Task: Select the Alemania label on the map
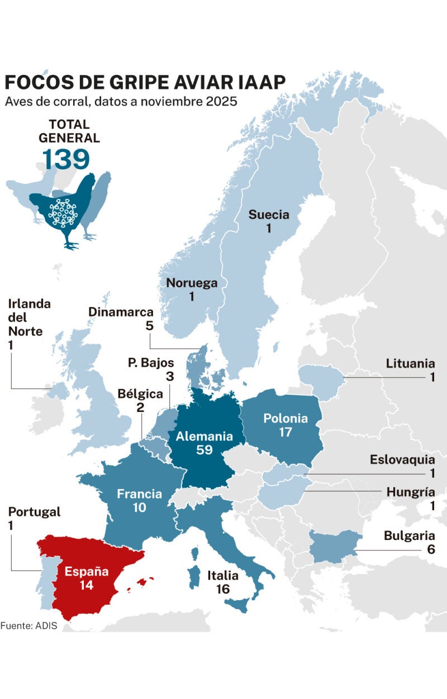tap(203, 437)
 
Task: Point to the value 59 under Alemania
tap(205, 450)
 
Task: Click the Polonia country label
tap(285, 418)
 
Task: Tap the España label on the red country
tap(85, 572)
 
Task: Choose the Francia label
tap(139, 494)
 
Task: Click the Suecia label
tap(269, 214)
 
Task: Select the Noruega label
tap(192, 283)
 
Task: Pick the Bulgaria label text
tap(409, 536)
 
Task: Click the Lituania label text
tap(410, 364)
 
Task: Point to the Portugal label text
tap(34, 512)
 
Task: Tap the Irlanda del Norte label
tap(29, 318)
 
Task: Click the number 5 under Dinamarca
tap(149, 325)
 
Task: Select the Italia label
tap(223, 576)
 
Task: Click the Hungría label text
tap(410, 492)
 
